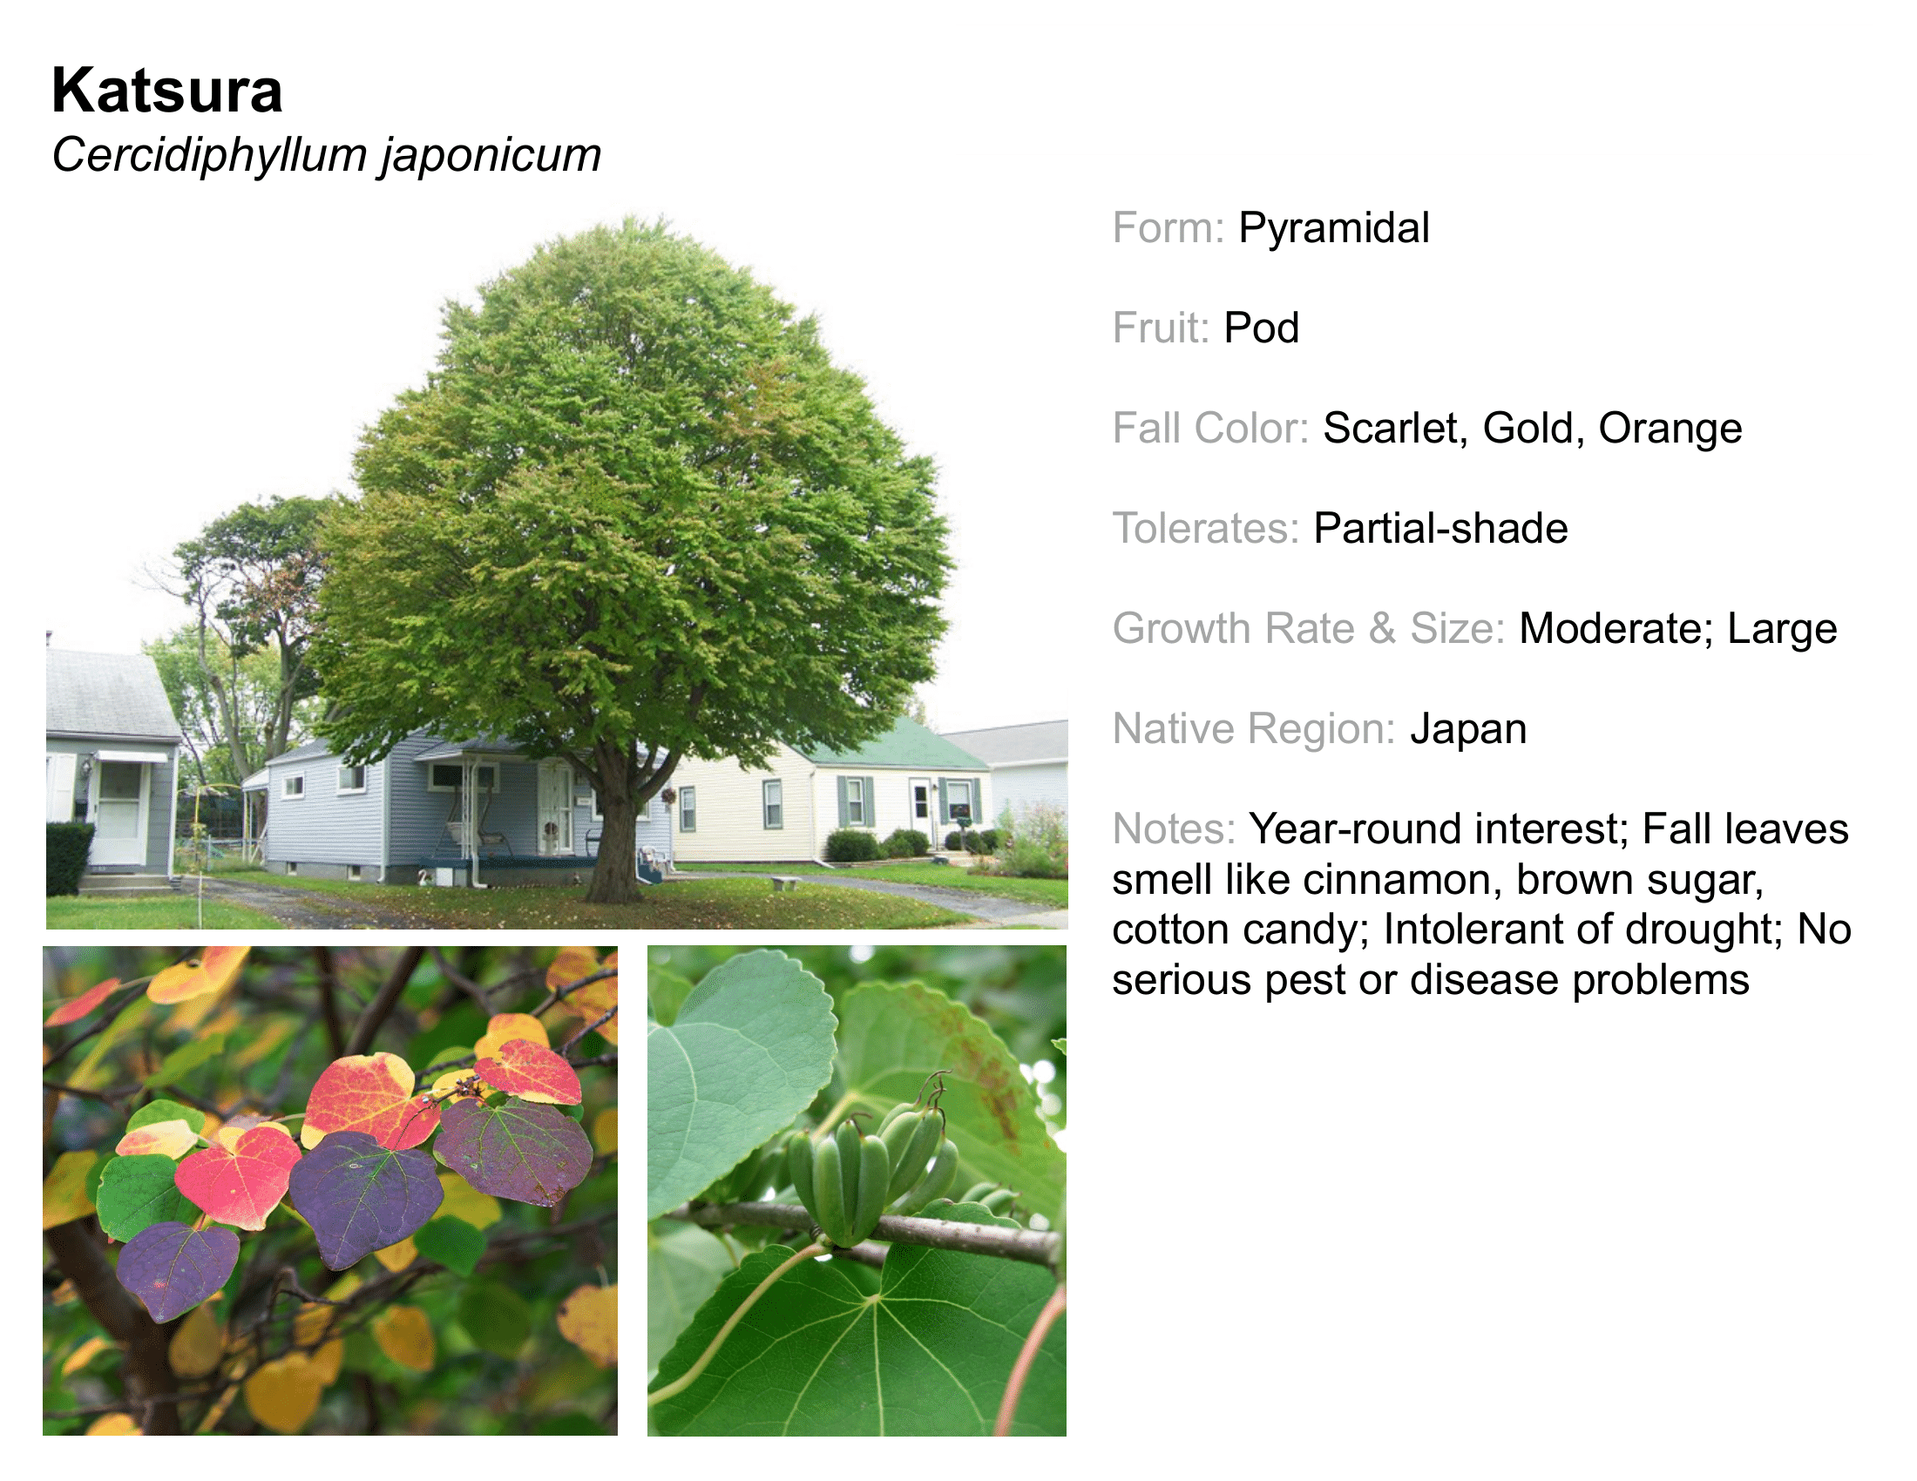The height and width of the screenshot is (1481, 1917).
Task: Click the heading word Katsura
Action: (x=166, y=91)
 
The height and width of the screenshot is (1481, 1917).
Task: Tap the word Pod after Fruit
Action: (x=1262, y=328)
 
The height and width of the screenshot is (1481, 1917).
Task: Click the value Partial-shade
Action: (x=1440, y=529)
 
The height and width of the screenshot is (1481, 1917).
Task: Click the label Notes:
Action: (x=1174, y=829)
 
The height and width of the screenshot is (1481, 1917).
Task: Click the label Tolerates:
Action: (x=1205, y=529)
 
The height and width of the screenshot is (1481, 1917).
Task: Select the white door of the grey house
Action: (x=121, y=812)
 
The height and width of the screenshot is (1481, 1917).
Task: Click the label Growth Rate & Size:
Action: (x=1309, y=629)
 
